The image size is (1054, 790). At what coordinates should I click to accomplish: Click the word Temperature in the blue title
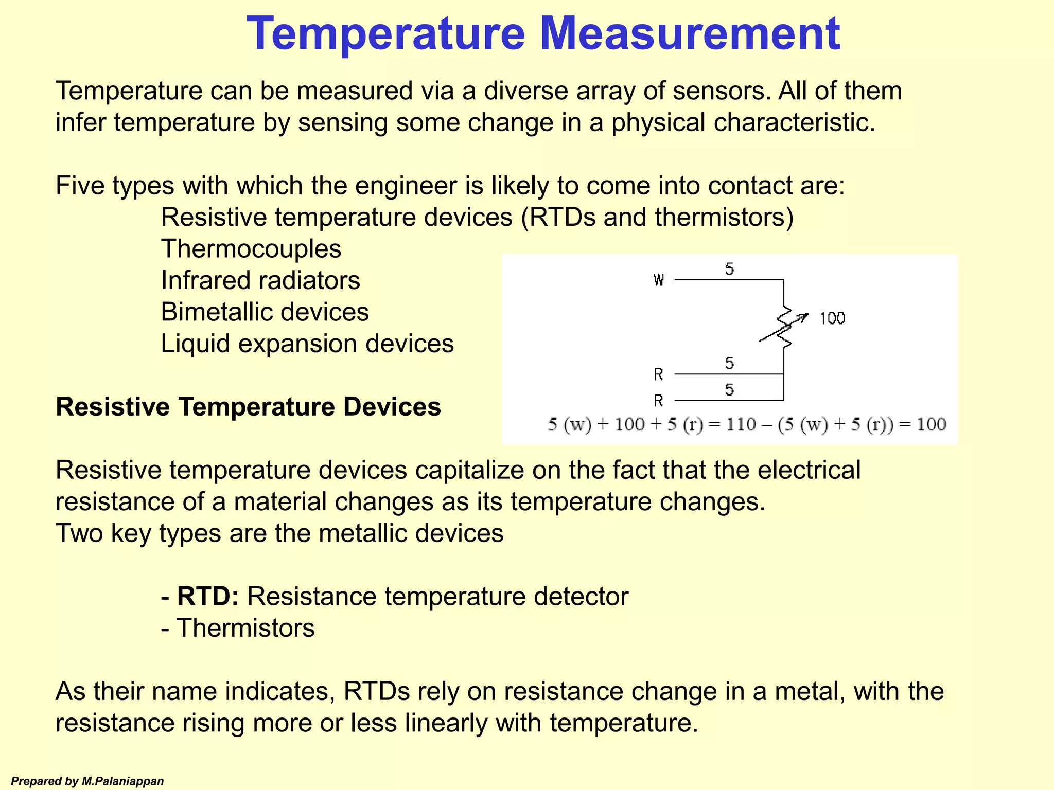point(386,34)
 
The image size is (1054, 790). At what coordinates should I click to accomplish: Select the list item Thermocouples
point(251,249)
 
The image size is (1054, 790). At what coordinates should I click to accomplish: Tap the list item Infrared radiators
point(260,281)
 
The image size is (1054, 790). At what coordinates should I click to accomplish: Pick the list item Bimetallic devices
point(265,312)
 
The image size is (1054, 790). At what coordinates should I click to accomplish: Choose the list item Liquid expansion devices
point(307,344)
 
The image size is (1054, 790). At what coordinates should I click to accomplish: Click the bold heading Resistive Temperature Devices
point(248,407)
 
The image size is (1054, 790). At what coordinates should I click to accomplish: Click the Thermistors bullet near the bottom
point(245,629)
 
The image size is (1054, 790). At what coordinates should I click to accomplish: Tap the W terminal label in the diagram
point(659,280)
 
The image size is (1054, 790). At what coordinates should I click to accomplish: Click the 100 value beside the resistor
point(832,318)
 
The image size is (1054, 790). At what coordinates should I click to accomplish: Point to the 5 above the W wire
point(729,268)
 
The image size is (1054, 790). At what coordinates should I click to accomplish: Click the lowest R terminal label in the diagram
point(658,400)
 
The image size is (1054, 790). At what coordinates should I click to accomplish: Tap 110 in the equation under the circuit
point(741,425)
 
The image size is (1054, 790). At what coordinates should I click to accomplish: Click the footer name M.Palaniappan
point(122,781)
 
